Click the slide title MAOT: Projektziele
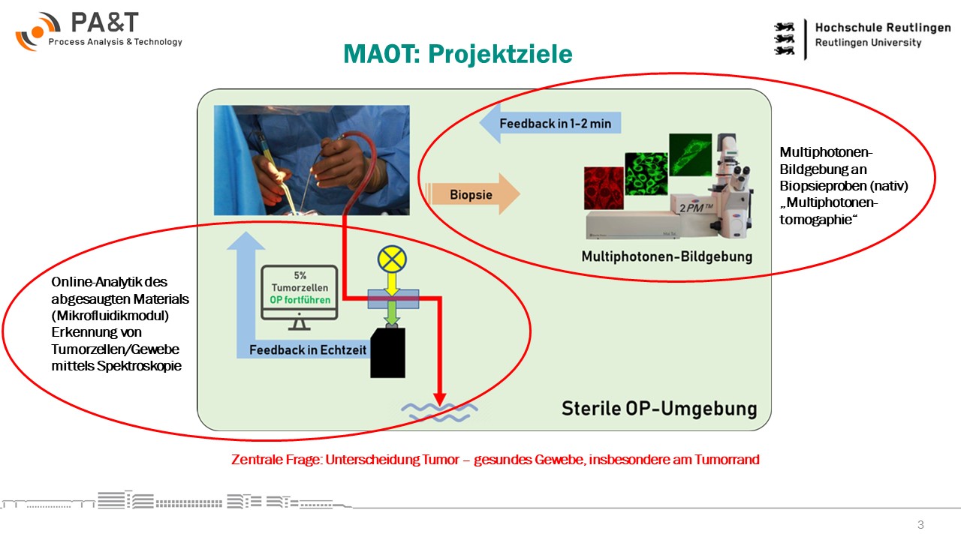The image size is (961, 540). tap(457, 54)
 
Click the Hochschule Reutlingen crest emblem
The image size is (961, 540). tap(785, 37)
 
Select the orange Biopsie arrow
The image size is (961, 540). tap(472, 194)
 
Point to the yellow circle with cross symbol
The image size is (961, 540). tap(391, 259)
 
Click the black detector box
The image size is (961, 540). tap(387, 352)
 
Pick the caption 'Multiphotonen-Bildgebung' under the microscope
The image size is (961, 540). tap(666, 256)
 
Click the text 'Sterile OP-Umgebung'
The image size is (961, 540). tap(659, 409)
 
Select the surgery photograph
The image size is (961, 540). tap(312, 160)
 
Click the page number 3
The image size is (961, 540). tap(920, 524)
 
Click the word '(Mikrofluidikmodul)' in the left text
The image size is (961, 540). tap(110, 316)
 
